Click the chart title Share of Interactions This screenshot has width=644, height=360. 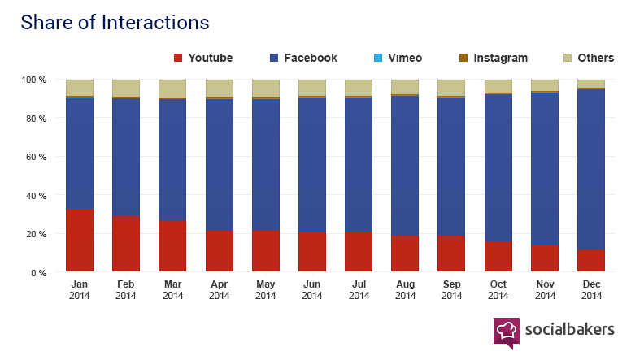(115, 23)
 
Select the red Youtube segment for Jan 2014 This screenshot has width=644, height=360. (80, 241)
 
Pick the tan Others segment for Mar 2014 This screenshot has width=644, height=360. (172, 89)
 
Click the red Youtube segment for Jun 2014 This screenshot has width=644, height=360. (312, 252)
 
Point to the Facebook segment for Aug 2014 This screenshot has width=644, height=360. (405, 166)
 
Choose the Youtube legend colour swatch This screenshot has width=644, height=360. (178, 58)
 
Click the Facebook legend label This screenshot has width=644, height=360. (310, 58)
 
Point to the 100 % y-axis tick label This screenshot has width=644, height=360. (33, 80)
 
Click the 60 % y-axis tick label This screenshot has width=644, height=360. (36, 157)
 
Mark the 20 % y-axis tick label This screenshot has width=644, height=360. (36, 234)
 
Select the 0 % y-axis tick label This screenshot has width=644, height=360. (38, 273)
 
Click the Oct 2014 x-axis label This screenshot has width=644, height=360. (498, 290)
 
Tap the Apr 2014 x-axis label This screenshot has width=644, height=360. (219, 290)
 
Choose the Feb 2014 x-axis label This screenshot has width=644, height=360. (126, 290)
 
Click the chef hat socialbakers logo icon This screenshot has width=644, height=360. (506, 332)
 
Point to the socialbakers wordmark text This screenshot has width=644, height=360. (568, 329)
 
